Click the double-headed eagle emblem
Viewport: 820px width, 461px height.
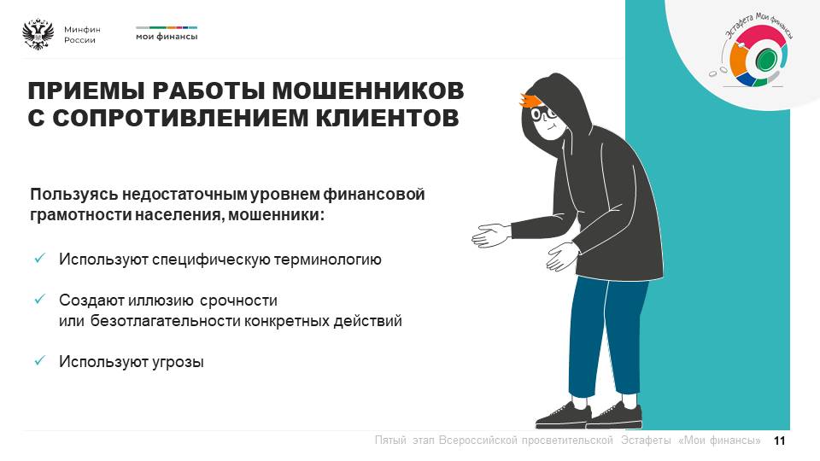[x=38, y=34]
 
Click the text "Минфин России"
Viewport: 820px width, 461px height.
[x=82, y=34]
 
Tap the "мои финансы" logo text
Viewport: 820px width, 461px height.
[x=167, y=37]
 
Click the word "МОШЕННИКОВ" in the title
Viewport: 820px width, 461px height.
[x=368, y=90]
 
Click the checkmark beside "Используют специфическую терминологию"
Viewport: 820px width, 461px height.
[x=40, y=258]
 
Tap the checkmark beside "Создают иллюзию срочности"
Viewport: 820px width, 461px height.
[x=40, y=299]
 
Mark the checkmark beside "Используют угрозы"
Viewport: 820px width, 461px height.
[x=40, y=360]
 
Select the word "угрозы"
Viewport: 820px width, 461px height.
[x=178, y=362]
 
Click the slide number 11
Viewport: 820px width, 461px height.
[x=779, y=441]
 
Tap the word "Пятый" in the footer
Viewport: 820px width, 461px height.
[x=390, y=441]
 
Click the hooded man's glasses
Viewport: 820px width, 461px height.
[x=544, y=113]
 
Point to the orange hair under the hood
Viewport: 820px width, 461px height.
[x=530, y=101]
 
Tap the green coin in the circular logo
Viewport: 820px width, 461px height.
[x=765, y=59]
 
